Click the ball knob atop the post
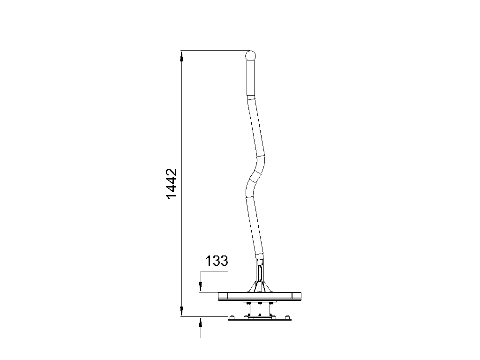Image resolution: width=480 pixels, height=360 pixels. tap(250, 56)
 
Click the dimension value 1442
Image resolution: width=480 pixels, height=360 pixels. tap(172, 184)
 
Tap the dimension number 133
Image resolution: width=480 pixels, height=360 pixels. tap(217, 261)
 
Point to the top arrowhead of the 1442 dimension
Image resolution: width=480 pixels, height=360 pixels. tap(181, 57)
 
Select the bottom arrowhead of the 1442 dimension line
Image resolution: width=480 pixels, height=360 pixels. tap(181, 310)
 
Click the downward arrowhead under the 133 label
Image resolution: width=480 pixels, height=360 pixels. tap(201, 285)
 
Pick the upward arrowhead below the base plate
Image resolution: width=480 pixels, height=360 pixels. tap(201, 323)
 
